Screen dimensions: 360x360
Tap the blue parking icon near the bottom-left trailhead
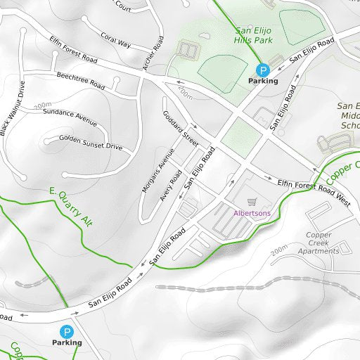coord(66,331)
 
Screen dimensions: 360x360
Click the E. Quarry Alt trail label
coord(72,206)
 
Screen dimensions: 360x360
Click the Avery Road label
coord(171,185)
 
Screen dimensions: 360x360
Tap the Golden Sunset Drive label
coord(91,143)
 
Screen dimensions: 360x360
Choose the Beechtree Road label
coord(80,81)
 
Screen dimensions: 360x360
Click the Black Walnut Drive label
coord(12,107)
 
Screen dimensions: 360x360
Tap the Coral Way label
coord(115,40)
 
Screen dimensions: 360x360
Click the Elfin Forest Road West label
coord(314,191)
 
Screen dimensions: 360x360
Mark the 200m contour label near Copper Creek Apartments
coord(279,250)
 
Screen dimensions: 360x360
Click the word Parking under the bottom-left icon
coord(67,342)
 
